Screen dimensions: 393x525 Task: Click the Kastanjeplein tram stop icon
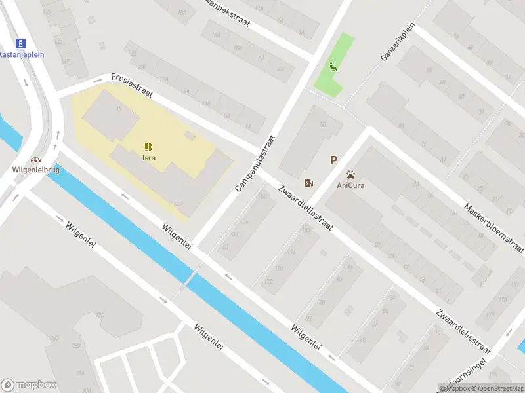pyautogui.click(x=22, y=44)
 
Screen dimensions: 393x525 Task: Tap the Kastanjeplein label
pyautogui.click(x=22, y=55)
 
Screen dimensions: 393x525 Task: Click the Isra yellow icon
pyautogui.click(x=149, y=147)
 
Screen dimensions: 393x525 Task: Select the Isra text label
pyautogui.click(x=149, y=158)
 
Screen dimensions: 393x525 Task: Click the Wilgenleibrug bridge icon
pyautogui.click(x=35, y=159)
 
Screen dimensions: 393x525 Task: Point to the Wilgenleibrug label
pyautogui.click(x=35, y=169)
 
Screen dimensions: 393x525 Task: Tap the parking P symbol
pyautogui.click(x=333, y=160)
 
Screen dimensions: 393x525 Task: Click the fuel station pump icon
pyautogui.click(x=308, y=183)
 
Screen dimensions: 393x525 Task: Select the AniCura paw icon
pyautogui.click(x=351, y=175)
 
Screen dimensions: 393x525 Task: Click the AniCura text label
pyautogui.click(x=351, y=185)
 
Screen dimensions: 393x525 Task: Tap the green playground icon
pyautogui.click(x=334, y=65)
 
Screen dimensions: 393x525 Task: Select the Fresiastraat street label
pyautogui.click(x=132, y=85)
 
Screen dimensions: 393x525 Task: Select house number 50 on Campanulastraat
pyautogui.click(x=322, y=125)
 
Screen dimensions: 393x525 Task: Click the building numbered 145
pyautogui.click(x=177, y=204)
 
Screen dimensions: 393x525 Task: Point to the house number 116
pyautogui.click(x=291, y=252)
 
